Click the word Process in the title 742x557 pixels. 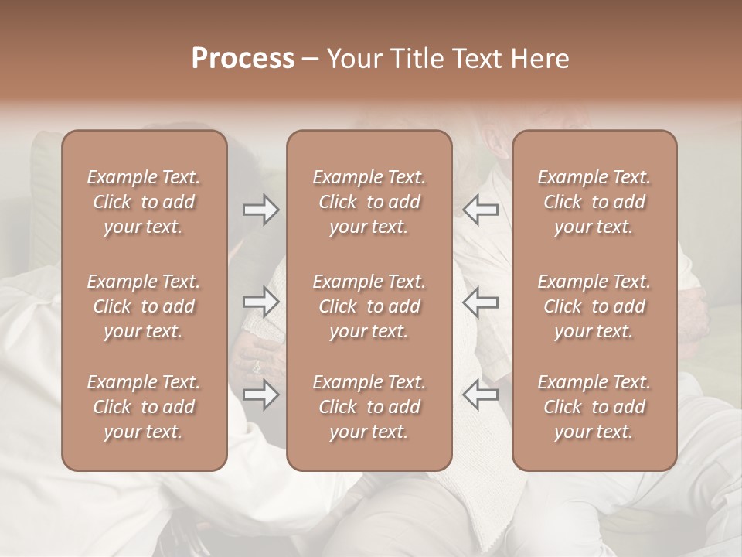click(243, 59)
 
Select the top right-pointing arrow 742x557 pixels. click(261, 210)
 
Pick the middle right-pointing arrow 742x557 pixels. click(261, 301)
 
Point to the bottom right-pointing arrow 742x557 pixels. click(261, 395)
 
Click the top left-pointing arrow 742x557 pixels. click(481, 210)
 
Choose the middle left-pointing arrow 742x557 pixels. click(481, 301)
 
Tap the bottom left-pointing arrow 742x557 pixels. click(481, 395)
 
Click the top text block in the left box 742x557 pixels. click(144, 202)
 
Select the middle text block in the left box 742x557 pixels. click(144, 306)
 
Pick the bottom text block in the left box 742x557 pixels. click(144, 407)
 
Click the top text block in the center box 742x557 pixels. click(369, 202)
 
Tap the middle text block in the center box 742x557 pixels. click(369, 306)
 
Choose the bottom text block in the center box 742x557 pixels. click(369, 407)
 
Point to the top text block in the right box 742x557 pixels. click(594, 202)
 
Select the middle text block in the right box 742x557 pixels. click(594, 306)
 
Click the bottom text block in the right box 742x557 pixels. click(594, 407)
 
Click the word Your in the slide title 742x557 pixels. click(353, 59)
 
